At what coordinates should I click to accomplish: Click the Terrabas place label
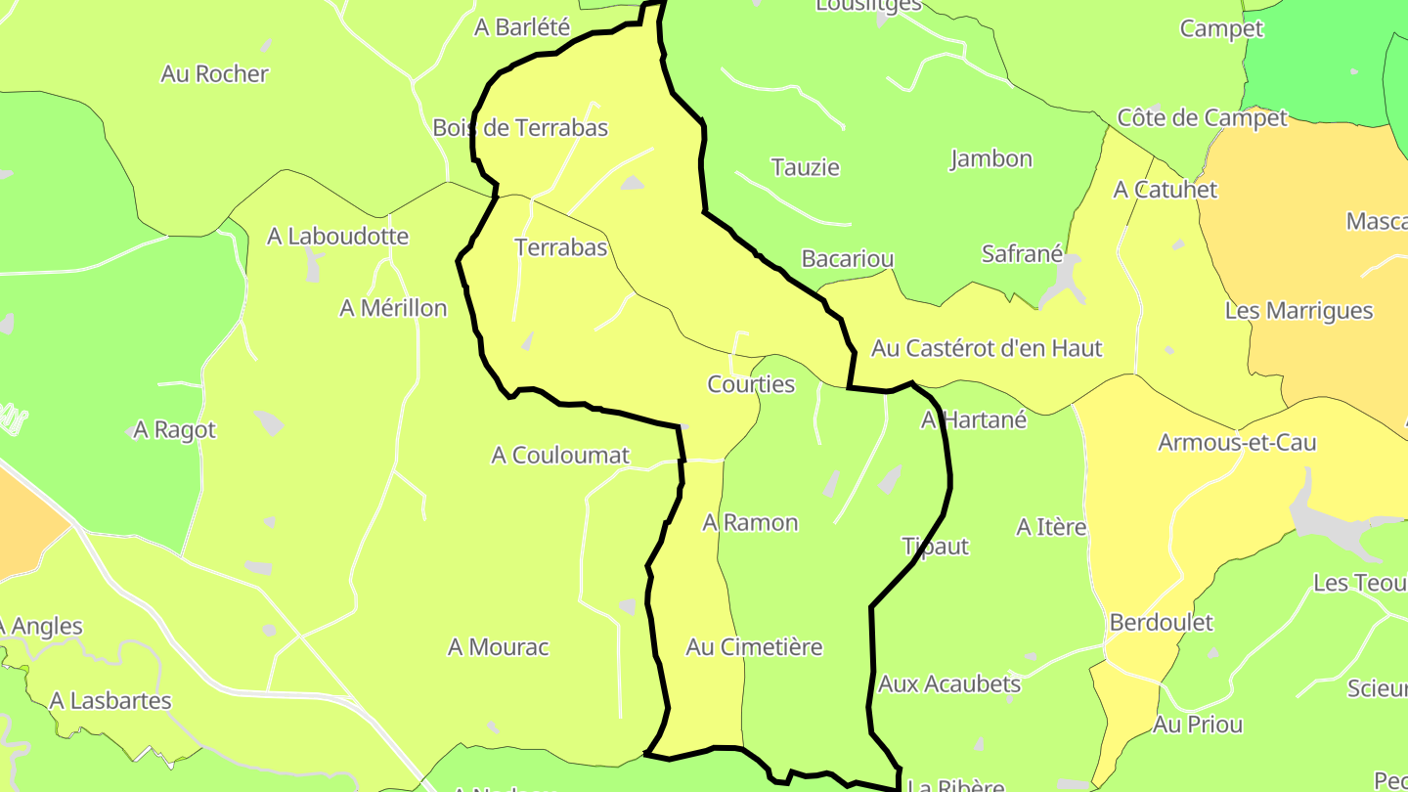coord(561,248)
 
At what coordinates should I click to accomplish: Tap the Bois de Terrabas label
coord(520,128)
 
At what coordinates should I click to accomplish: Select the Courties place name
coord(751,384)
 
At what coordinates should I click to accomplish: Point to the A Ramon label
coord(750,523)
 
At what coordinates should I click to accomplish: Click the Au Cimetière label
coord(754,647)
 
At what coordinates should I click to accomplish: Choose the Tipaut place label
coord(935,547)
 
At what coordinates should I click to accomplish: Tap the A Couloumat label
coord(560,456)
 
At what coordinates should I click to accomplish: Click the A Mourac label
coord(498,647)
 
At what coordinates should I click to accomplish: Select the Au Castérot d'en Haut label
coord(987,348)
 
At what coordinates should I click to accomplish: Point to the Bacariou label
coord(847,259)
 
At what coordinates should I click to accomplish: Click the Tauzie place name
coord(805,167)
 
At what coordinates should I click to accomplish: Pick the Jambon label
coord(990,158)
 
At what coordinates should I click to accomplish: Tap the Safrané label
coord(1022,254)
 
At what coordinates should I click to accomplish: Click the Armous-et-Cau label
coord(1237,443)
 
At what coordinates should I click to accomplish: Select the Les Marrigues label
coord(1298,312)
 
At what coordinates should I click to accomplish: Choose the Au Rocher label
coord(214,74)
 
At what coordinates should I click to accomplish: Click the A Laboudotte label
coord(337,237)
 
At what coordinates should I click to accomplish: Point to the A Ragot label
coord(174,430)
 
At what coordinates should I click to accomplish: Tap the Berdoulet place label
coord(1161,623)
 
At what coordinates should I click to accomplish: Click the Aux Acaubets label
coord(948,684)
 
